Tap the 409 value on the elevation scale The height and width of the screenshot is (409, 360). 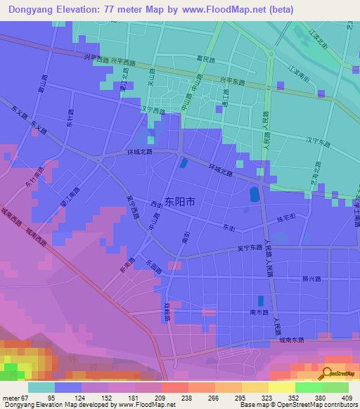(x=347, y=398)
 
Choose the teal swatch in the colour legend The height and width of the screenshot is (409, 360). (x=41, y=387)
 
